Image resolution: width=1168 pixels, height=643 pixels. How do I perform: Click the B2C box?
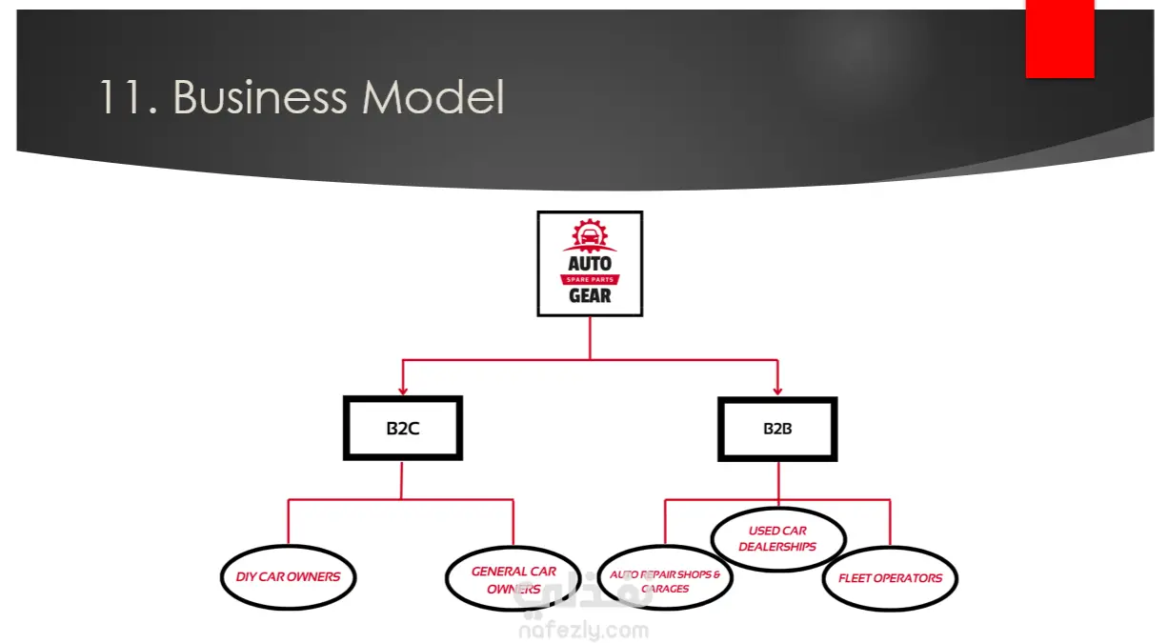coord(403,429)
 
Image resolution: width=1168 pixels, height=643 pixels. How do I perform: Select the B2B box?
coord(777,429)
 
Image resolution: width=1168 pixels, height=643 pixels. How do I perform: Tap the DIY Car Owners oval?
coord(288,576)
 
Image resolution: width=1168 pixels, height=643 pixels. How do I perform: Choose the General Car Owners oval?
coord(514,579)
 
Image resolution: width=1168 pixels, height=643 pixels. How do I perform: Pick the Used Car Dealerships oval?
coord(777,539)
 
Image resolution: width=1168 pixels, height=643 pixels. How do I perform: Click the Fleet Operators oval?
coord(890,578)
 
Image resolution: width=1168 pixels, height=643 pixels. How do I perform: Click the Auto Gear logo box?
coord(590,264)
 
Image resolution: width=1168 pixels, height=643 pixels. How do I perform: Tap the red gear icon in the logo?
coord(590,235)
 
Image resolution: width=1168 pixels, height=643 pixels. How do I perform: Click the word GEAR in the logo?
coord(590,295)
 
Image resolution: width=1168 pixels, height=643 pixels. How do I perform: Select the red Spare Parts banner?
coord(590,279)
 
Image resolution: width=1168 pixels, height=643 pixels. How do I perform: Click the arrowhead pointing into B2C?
coord(403,390)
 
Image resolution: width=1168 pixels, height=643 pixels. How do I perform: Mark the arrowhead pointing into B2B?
coord(777,390)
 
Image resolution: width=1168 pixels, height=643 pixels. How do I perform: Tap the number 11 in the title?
coord(121,98)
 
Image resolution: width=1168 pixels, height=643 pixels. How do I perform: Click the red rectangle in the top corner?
coord(1059,38)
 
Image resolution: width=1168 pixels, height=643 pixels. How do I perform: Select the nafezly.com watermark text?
coord(584,630)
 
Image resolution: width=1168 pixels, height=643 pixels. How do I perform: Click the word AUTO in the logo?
coord(590,263)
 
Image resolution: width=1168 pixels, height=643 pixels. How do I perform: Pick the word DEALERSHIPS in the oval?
coord(777,547)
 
